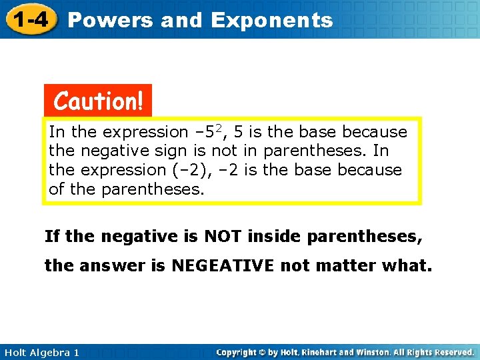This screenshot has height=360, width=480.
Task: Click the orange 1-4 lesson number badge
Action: [30, 20]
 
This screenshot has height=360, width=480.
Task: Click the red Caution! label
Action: [98, 101]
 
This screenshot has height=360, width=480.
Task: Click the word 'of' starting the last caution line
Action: [57, 189]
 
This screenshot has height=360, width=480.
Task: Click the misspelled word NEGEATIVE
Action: [223, 266]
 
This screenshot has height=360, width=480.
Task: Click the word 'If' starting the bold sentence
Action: [51, 235]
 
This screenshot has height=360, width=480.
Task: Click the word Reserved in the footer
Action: [451, 352]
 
